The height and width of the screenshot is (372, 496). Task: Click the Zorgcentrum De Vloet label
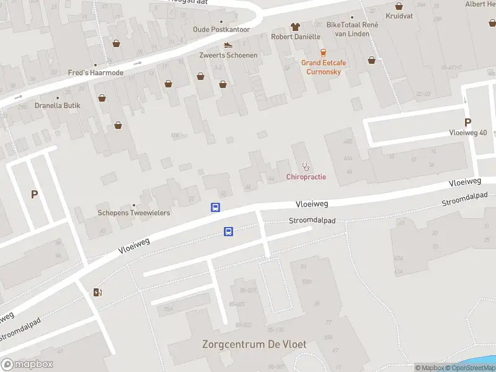[x=254, y=344]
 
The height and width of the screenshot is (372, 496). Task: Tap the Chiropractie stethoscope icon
[x=305, y=166]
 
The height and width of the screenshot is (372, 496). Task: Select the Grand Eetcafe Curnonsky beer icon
[x=322, y=53]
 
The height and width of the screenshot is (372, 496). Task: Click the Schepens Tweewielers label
[x=134, y=213]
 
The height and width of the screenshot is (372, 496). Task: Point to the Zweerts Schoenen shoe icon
[x=228, y=45]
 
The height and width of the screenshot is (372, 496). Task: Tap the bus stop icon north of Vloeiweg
[x=216, y=208]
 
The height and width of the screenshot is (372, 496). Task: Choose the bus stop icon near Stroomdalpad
[x=228, y=232]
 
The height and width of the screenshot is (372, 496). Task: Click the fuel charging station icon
[x=97, y=292]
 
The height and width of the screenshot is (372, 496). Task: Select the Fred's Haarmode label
[x=95, y=73]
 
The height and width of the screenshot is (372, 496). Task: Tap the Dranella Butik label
[x=58, y=105]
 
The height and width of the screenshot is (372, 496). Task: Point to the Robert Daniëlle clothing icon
[x=295, y=27]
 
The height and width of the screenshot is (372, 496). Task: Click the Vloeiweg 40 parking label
[x=468, y=133]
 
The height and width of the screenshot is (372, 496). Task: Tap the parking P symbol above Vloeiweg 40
[x=467, y=123]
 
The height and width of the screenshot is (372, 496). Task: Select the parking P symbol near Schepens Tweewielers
[x=34, y=194]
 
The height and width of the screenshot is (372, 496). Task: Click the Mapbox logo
[x=27, y=365]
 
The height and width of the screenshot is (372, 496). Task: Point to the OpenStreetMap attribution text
[x=472, y=368]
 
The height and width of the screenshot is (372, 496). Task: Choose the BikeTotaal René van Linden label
[x=352, y=29]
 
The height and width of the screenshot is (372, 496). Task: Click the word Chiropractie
[x=306, y=177]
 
